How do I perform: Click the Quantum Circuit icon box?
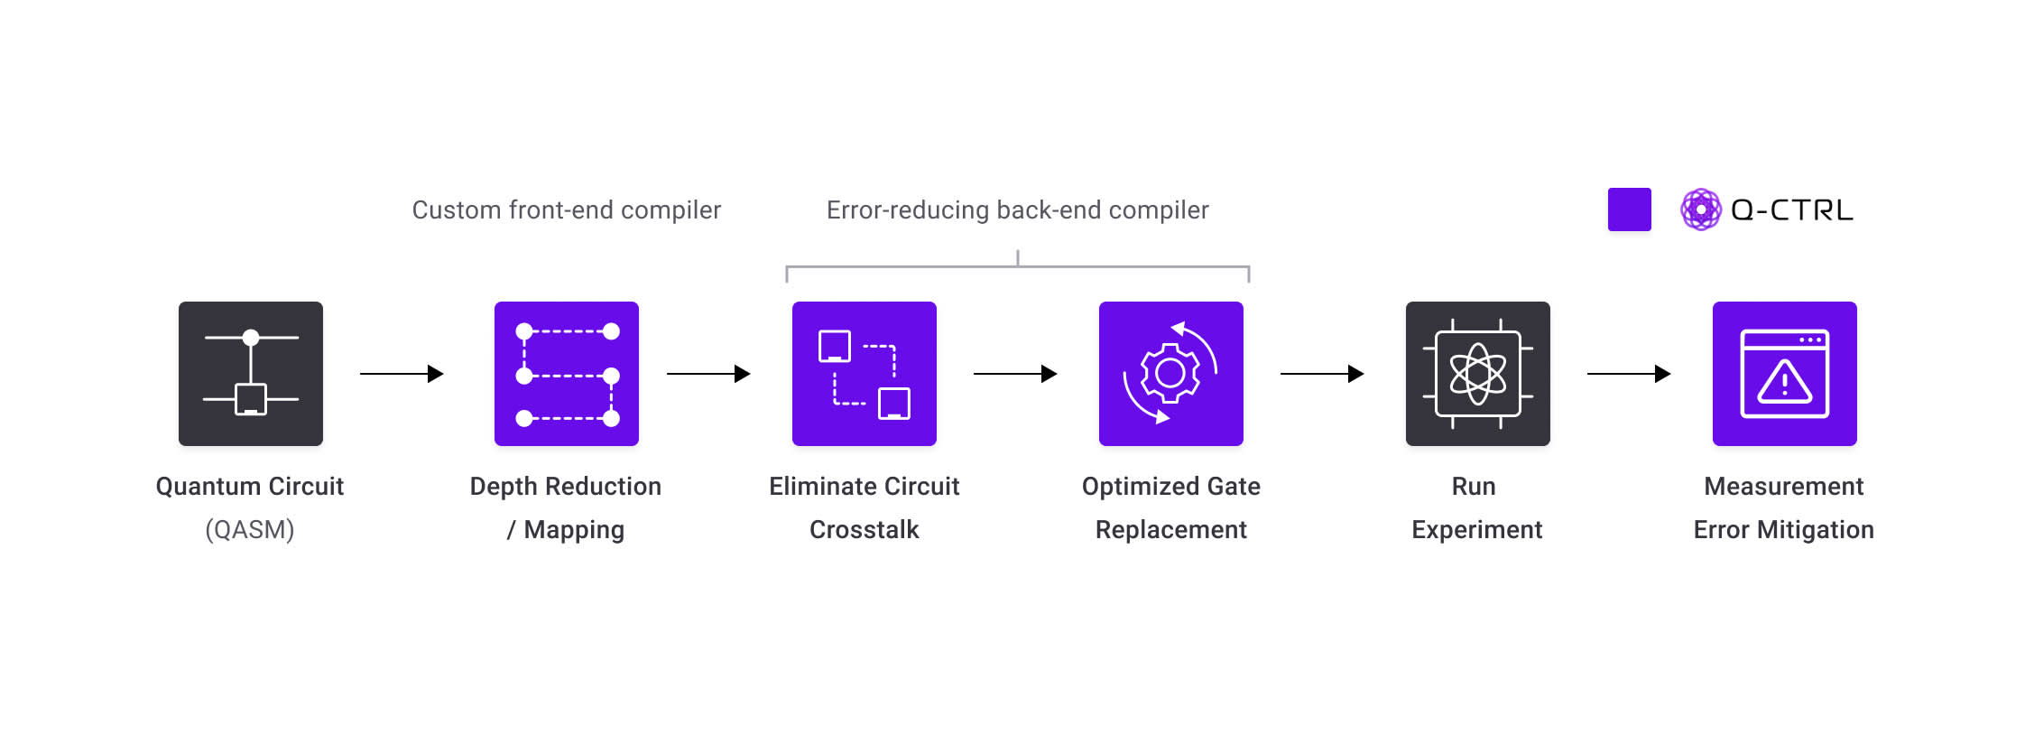point(251,374)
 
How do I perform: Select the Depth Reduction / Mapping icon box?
point(567,374)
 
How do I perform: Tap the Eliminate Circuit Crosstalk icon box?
point(865,374)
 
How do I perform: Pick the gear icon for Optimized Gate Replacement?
point(1170,373)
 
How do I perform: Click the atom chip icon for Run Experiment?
point(1477,374)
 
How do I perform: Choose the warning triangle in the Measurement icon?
point(1784,382)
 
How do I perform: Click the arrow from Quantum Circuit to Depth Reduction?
point(402,374)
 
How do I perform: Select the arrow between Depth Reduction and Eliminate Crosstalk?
point(708,374)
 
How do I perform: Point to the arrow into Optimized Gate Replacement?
point(1015,374)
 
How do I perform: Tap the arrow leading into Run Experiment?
point(1322,374)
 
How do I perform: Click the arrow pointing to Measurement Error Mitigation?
point(1629,374)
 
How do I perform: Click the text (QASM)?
point(250,529)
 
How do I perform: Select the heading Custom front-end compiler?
point(567,210)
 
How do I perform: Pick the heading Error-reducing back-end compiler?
point(1017,210)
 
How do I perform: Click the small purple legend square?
point(1629,209)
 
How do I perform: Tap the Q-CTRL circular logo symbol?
point(1700,209)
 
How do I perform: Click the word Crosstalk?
point(864,529)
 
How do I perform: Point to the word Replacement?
point(1170,529)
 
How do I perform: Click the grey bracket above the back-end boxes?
point(1017,267)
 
